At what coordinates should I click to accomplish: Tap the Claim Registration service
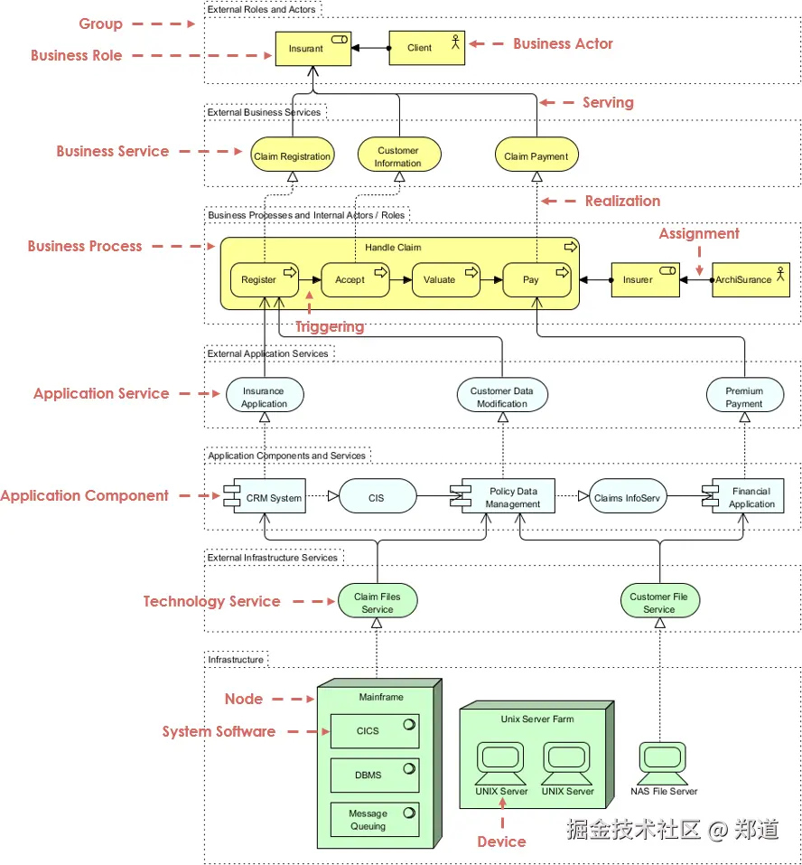(292, 155)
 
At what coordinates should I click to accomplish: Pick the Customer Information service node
(398, 155)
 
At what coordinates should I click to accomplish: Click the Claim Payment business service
(536, 155)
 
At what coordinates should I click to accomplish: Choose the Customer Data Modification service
(502, 397)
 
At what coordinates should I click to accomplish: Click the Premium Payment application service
(744, 397)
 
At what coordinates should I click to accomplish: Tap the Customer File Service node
(658, 602)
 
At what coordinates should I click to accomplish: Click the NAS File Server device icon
(664, 764)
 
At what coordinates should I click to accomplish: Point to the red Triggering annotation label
(330, 327)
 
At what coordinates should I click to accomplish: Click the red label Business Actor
(563, 43)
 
